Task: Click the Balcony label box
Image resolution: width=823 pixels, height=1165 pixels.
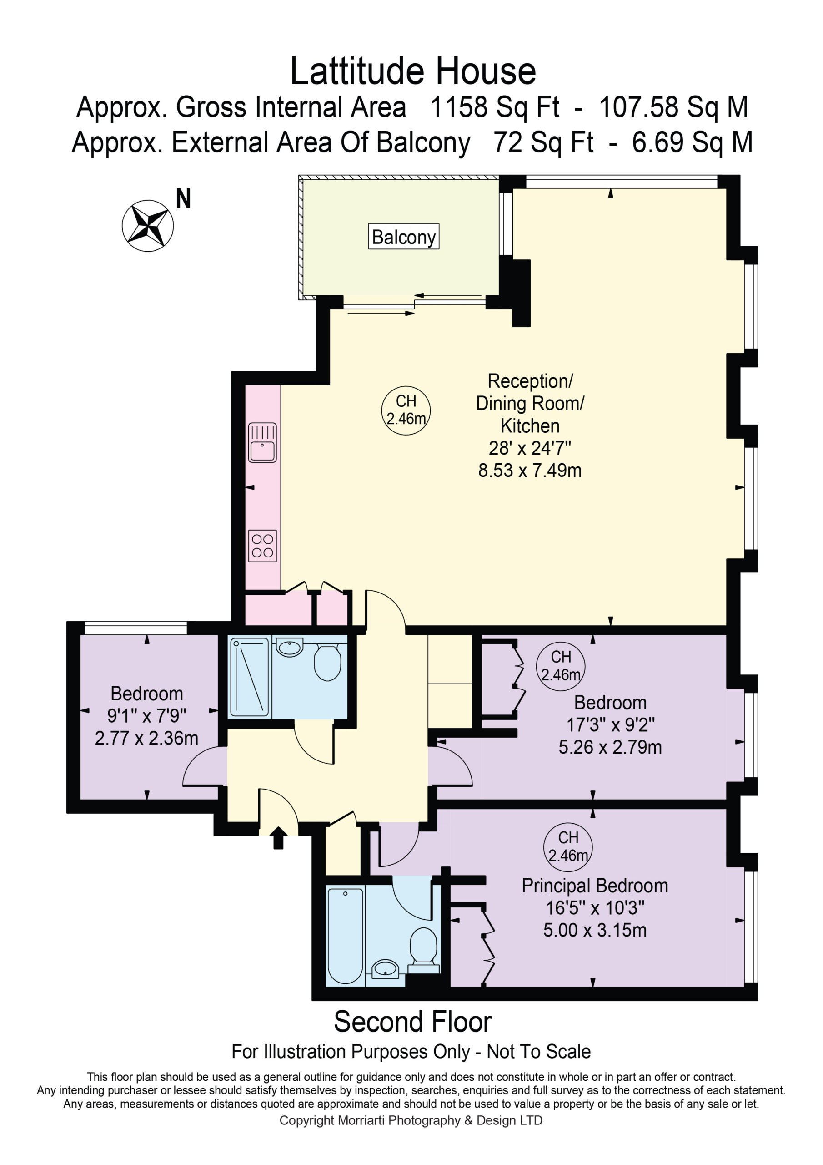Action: coord(403,237)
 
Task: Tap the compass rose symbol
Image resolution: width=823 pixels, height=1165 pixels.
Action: coord(148,225)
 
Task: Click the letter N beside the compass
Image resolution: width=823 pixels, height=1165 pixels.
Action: coord(183,198)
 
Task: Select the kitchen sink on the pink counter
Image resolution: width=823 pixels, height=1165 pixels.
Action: coord(262,442)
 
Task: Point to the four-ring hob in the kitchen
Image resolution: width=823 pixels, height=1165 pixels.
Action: coord(262,546)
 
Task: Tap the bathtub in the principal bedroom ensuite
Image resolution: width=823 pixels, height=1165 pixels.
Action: coord(345,936)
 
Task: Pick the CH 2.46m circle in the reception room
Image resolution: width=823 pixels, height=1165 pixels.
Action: coord(406,410)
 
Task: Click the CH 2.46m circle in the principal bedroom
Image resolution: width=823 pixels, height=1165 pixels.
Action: coord(568,847)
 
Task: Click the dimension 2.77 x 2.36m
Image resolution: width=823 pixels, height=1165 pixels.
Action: coord(146,738)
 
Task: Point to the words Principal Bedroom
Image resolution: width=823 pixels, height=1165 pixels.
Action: coord(595,886)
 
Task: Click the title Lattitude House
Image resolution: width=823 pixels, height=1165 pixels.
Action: coord(413,71)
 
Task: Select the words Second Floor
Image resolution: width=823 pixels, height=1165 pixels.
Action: coord(413,1021)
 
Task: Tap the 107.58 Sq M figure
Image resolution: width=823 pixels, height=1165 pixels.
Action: coord(673,107)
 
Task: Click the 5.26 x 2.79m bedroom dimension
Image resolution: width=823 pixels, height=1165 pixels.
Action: coord(610,747)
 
